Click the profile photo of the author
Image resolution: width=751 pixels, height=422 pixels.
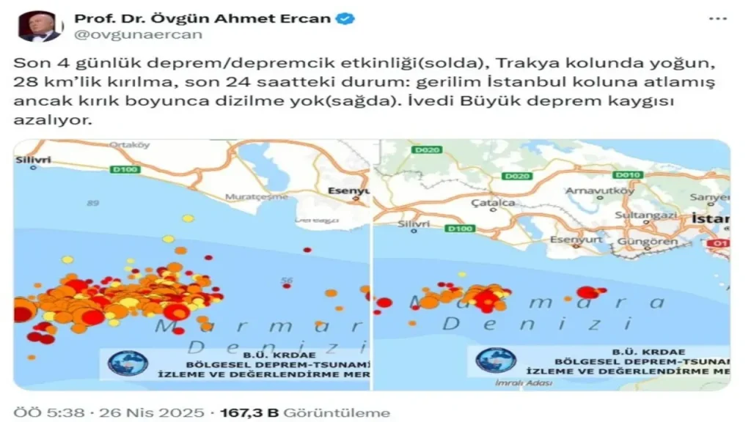(x=40, y=26)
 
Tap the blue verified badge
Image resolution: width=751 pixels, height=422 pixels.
(x=345, y=18)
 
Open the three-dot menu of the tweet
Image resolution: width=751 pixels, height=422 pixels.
(x=717, y=18)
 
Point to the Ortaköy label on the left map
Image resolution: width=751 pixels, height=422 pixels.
(x=129, y=145)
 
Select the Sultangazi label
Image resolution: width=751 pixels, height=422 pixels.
(x=639, y=217)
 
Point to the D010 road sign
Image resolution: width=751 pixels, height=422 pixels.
(x=629, y=174)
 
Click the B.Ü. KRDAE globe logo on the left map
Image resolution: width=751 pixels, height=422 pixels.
(x=128, y=362)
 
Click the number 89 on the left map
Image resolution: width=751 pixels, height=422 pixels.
(x=92, y=203)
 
